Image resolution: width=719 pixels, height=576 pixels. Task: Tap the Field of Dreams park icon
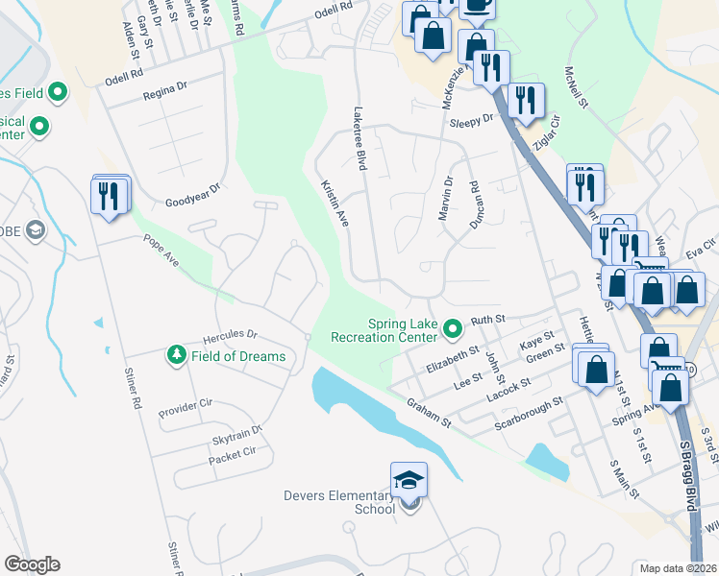tap(176, 356)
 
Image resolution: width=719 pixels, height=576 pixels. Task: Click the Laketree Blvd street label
tap(361, 139)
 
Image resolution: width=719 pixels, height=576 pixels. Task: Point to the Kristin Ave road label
tap(334, 202)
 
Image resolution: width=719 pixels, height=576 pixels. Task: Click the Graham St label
tap(429, 412)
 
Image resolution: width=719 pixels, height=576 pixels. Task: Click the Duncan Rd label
tap(474, 204)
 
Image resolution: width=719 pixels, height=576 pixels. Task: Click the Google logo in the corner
tap(32, 564)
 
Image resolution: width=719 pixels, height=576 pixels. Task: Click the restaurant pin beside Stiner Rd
tap(108, 197)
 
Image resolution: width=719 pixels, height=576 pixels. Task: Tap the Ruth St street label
tap(487, 320)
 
